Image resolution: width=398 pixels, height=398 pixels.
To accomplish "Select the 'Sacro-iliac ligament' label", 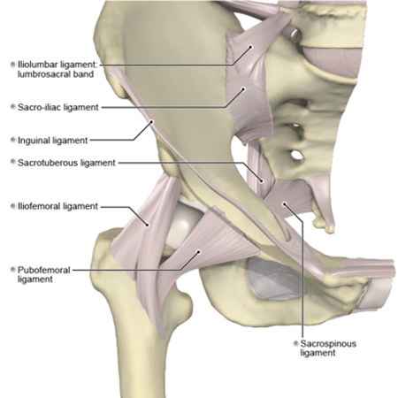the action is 58,107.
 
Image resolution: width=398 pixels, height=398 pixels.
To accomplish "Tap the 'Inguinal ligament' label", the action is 53,141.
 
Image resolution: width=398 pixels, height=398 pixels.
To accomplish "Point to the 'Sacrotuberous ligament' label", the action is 66,163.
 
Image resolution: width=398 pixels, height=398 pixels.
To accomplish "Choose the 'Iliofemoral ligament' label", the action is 57,206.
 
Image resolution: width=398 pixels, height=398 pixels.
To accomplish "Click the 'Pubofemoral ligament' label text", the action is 44,274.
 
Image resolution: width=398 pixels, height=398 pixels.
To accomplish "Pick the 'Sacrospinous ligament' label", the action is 328,348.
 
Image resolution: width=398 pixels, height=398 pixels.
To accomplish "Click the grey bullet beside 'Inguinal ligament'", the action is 12,140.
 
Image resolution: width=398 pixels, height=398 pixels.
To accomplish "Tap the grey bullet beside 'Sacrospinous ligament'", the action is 295,343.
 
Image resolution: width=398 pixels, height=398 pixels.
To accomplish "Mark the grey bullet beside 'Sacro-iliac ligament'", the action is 12,106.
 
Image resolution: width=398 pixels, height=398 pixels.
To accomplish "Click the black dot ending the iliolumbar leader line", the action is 251,47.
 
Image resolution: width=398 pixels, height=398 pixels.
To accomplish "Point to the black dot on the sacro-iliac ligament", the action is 243,88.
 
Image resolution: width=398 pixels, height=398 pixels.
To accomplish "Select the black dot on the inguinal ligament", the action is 152,121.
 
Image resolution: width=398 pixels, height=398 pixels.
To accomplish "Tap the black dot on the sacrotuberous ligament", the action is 261,180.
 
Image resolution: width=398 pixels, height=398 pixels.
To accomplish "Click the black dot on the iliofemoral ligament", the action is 148,226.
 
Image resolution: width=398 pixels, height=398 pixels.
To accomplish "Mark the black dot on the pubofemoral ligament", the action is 199,252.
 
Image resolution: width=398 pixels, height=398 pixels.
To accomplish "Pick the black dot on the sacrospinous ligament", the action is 285,203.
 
